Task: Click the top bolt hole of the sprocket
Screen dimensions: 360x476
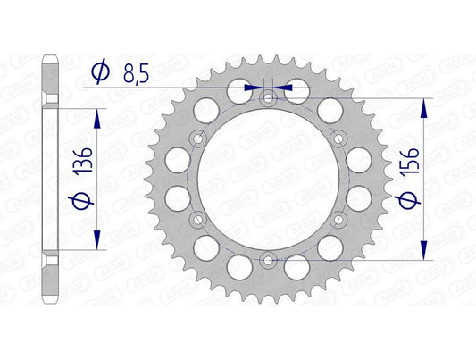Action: tap(267, 99)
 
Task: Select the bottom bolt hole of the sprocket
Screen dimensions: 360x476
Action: tap(267, 260)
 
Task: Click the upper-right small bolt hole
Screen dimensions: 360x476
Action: tap(336, 138)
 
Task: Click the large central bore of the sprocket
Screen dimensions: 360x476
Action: tap(267, 179)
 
